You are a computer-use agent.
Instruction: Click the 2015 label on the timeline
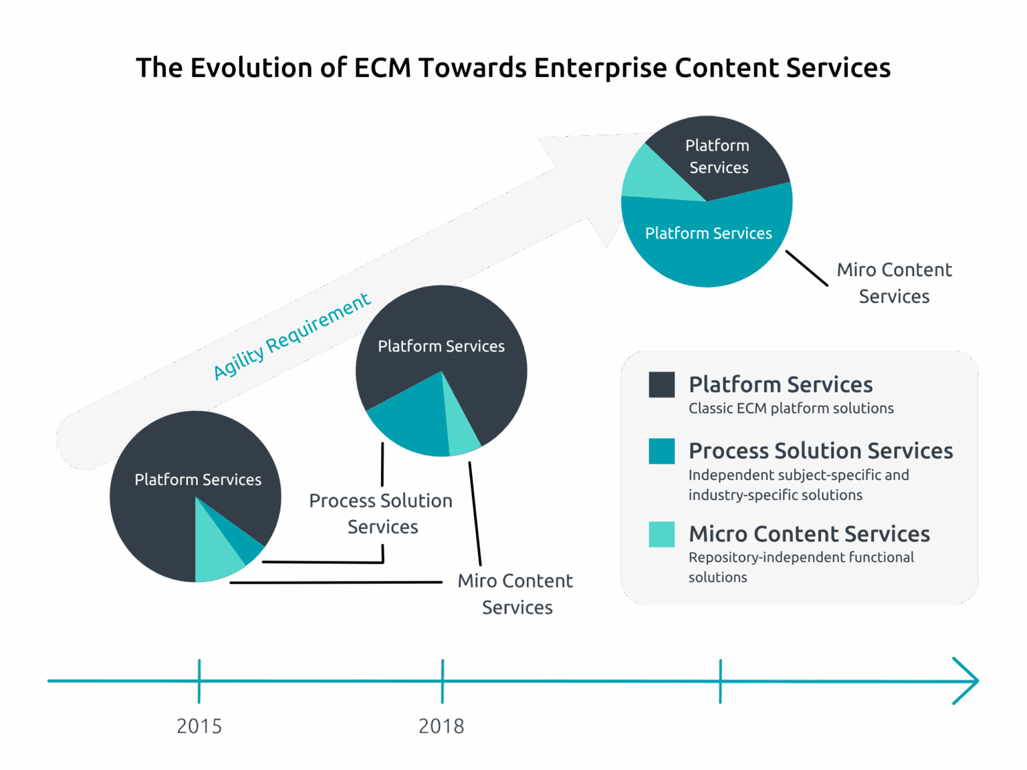[199, 726]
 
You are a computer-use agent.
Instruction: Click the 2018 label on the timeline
[441, 726]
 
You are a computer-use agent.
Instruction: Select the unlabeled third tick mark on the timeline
[720, 681]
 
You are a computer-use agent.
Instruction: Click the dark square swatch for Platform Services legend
[661, 385]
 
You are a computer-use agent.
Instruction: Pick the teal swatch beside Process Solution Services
[661, 451]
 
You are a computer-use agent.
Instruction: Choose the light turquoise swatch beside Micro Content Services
[661, 534]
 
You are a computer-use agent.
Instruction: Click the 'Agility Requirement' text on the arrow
[292, 336]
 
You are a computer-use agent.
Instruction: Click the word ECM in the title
[382, 68]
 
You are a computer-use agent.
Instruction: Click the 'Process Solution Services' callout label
[381, 513]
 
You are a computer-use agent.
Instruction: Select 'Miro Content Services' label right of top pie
[894, 283]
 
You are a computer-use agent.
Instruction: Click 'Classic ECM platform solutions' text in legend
[791, 408]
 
